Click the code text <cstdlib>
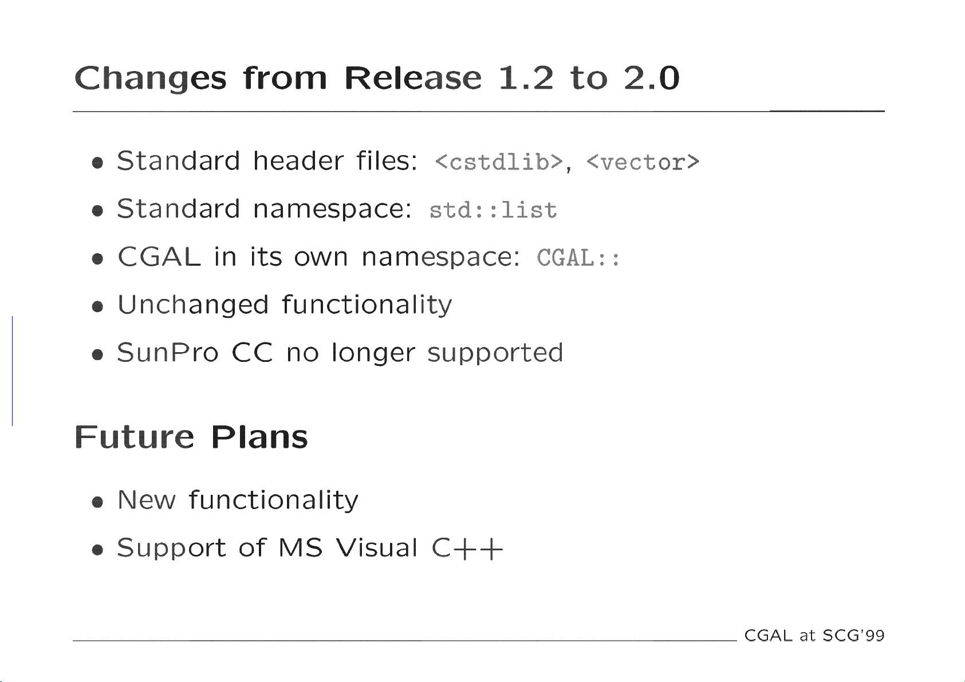pos(499,161)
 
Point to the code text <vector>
pos(643,161)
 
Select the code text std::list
pos(493,210)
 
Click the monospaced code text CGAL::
pos(578,258)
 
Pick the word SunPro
pos(168,352)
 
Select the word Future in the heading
pos(135,437)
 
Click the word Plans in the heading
pos(259,437)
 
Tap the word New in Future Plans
pos(147,499)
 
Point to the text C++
pos(467,549)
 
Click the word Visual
pos(376,547)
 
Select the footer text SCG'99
pos(853,636)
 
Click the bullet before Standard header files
pos(98,163)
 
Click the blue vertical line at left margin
pos(12,370)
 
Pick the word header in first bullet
pos(298,161)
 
